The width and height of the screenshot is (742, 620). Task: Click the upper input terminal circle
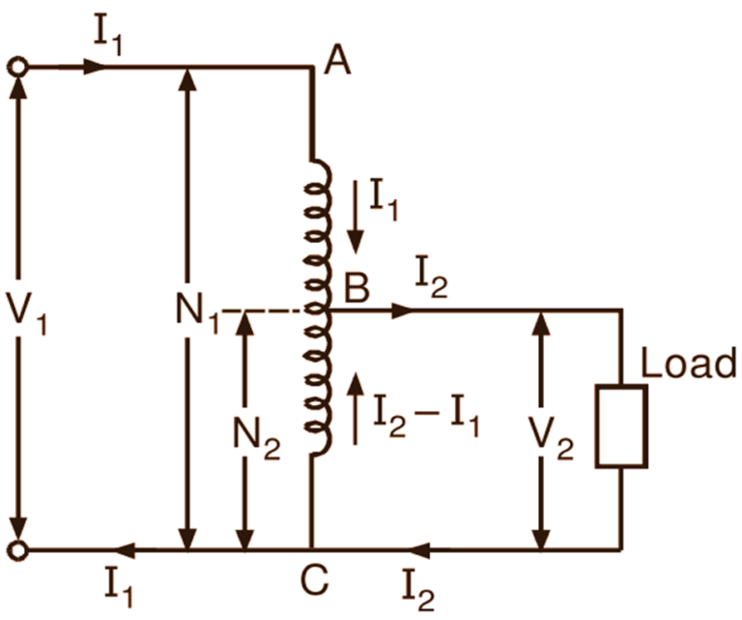pos(16,68)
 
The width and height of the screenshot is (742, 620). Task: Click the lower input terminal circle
pos(16,551)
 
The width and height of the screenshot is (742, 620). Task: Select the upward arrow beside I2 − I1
pos(358,406)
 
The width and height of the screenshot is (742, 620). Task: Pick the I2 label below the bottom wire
pos(420,585)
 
